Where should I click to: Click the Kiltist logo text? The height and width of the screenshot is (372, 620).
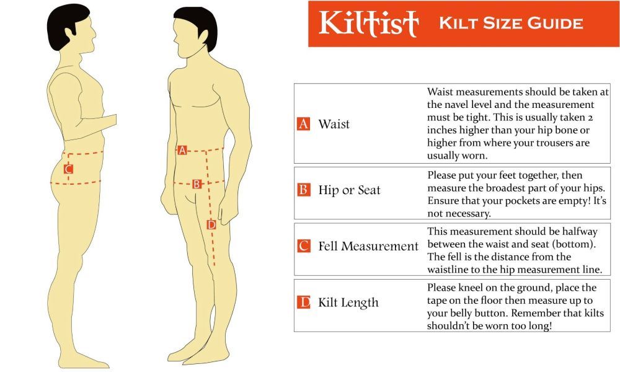368,23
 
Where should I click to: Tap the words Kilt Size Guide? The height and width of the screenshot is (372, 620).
511,24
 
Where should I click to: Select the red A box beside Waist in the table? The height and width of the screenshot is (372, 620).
303,124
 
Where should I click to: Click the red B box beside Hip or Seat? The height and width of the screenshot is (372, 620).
303,190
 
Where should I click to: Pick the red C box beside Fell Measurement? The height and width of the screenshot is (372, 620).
303,246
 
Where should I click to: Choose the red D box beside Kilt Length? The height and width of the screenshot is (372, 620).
303,303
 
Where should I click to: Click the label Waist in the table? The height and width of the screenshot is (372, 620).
334,124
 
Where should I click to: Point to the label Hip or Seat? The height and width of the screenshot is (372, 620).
349,190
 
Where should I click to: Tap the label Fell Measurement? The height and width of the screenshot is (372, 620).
368,246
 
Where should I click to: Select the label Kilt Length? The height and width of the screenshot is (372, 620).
348,303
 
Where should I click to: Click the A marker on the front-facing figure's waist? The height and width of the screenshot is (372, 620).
182,150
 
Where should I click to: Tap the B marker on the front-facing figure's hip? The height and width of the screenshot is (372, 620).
197,184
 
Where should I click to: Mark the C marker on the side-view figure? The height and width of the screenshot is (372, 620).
68,169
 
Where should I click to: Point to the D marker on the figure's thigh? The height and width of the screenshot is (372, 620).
211,225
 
